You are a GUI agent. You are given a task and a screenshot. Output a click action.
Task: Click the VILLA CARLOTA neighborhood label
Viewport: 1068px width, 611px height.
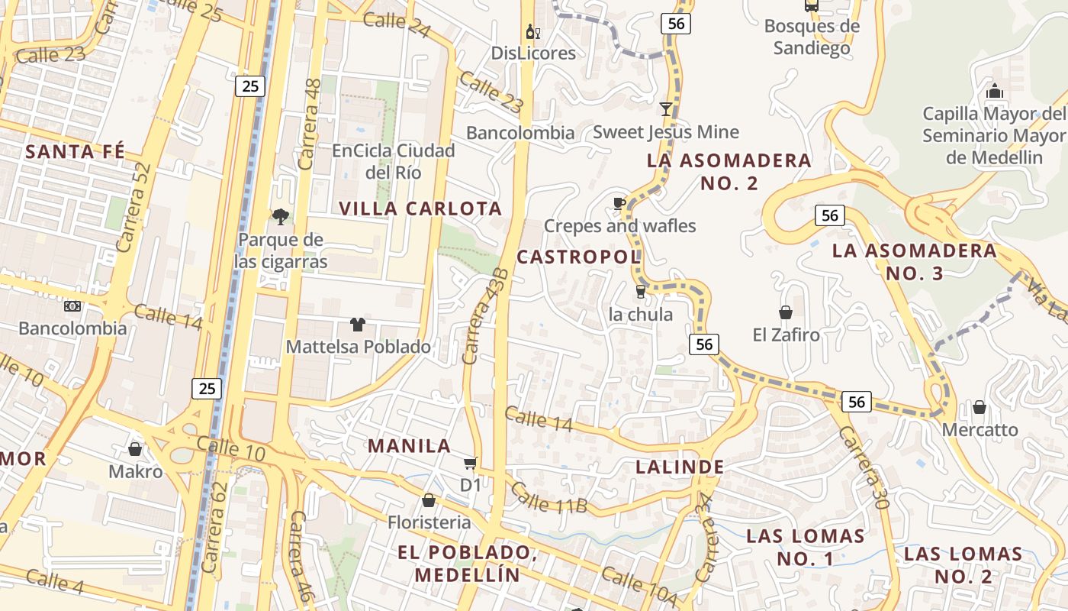[x=420, y=209]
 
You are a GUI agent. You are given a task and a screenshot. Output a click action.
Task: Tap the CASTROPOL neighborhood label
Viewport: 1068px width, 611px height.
[x=578, y=257]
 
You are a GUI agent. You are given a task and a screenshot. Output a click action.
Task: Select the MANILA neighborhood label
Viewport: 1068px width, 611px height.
[x=410, y=446]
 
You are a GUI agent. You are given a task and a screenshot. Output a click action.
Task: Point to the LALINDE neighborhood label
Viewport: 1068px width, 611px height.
[x=680, y=467]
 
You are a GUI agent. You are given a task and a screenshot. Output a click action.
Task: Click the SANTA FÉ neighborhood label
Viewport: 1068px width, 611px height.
[x=75, y=151]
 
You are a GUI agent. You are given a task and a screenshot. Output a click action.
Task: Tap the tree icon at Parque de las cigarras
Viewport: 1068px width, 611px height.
[x=280, y=217]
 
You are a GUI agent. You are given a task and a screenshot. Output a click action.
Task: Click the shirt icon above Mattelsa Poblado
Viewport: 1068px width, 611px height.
[x=357, y=325]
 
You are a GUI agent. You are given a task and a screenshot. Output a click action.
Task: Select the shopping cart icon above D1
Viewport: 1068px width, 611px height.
[x=471, y=463]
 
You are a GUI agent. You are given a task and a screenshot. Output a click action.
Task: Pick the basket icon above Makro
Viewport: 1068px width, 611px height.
[x=135, y=449]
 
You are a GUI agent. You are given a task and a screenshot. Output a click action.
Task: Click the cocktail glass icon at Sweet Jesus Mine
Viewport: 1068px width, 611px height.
[x=666, y=109]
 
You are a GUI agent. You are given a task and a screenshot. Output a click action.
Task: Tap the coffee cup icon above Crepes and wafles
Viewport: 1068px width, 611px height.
[x=619, y=203]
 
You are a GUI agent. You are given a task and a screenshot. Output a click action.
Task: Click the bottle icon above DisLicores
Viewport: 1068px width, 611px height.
[x=532, y=32]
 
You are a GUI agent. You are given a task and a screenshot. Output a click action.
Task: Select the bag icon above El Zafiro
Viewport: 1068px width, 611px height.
[x=785, y=312]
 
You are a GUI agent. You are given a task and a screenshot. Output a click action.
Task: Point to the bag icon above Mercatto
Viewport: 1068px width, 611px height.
[x=979, y=407]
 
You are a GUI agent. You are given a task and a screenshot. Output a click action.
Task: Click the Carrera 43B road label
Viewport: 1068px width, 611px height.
[x=485, y=316]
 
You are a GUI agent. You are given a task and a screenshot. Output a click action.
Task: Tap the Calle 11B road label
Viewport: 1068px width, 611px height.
[x=548, y=497]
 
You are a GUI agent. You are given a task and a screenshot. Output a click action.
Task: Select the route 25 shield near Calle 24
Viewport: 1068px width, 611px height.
[x=250, y=86]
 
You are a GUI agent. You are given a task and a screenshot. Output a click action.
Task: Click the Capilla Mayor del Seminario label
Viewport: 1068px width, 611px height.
[x=993, y=136]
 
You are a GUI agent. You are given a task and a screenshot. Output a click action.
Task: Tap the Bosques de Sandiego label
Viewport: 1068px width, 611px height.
[x=812, y=37]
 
